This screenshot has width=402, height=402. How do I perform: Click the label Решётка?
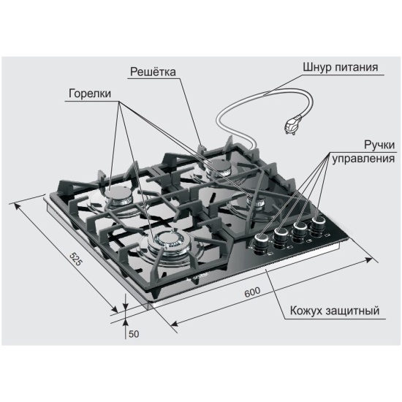coord(153,72)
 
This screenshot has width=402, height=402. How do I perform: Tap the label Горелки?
coord(90,94)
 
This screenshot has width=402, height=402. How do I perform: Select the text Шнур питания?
coord(341,67)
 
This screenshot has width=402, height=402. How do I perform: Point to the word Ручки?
coord(379,145)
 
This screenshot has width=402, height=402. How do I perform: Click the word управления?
coord(363,159)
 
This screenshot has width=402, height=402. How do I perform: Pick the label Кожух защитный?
coord(335,311)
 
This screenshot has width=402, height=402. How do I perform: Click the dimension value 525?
coord(77,259)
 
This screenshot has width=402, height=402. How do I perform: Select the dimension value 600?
coord(252,292)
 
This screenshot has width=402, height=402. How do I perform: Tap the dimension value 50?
coord(134,334)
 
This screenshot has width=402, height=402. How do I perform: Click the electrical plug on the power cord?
coord(292,124)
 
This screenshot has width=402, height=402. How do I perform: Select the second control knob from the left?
coord(281,236)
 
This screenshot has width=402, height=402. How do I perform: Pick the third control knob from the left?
coord(300,230)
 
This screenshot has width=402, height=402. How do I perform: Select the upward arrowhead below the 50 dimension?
coord(126,322)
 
